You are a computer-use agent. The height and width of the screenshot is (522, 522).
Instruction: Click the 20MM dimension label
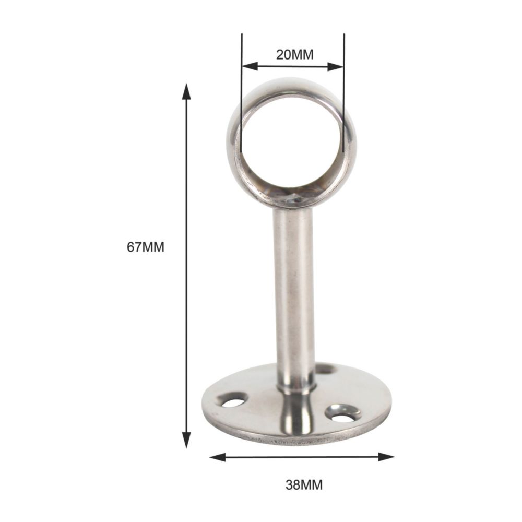click(x=294, y=55)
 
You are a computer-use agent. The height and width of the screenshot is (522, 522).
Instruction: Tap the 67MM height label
click(x=146, y=247)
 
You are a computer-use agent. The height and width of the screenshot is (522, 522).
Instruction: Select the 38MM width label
click(x=304, y=485)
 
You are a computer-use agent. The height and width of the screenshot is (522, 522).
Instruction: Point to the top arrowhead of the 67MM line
click(x=186, y=91)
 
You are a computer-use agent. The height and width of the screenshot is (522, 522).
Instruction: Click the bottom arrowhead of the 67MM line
click(x=186, y=440)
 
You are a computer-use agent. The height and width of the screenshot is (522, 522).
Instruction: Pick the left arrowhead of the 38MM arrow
click(x=218, y=457)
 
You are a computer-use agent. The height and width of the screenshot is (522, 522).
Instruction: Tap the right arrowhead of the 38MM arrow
click(x=386, y=457)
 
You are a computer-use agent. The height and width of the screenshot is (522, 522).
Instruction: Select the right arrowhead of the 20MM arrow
click(x=335, y=67)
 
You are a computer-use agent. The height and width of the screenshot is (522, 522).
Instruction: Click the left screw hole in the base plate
click(x=232, y=401)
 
